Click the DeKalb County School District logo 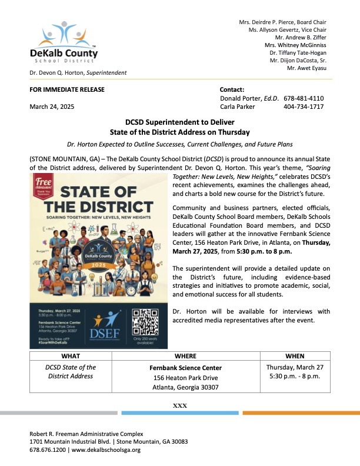pyautogui.click(x=64, y=44)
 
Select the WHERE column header pyautogui.click(x=185, y=356)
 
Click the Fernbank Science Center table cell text pyautogui.click(x=185, y=368)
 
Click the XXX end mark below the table pyautogui.click(x=179, y=405)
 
